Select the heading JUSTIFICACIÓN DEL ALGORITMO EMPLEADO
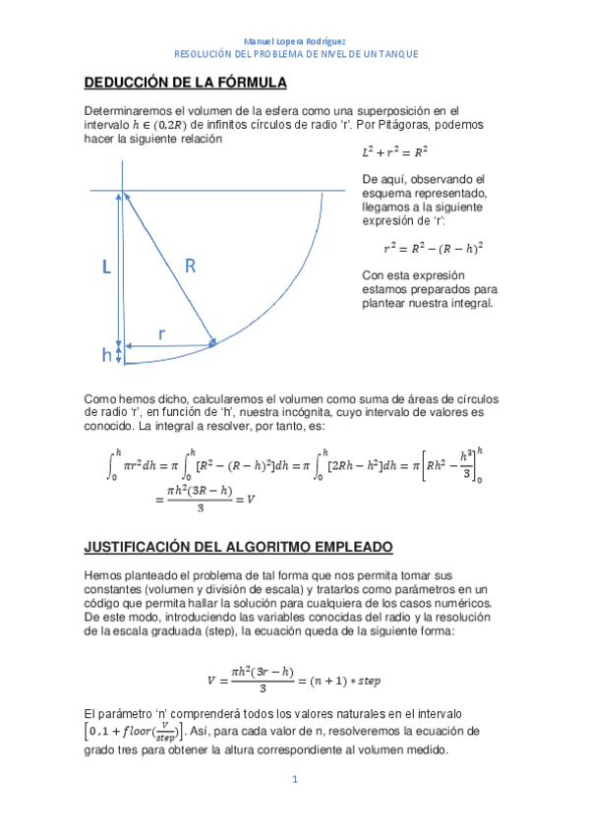238,545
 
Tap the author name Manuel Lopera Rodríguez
295,40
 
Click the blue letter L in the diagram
105,267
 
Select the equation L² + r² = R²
395,153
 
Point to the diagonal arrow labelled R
167,268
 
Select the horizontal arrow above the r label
169,346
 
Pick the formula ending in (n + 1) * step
295,678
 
